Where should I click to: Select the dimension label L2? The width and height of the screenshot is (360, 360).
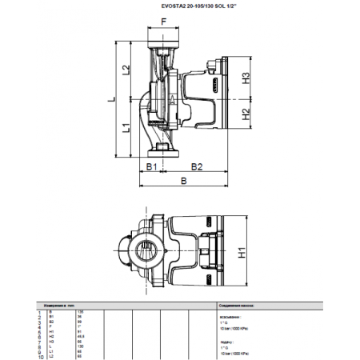point(126,70)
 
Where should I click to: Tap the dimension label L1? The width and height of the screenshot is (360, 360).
point(126,129)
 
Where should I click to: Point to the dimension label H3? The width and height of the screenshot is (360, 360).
point(246,78)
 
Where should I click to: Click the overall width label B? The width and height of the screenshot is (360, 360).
point(184,182)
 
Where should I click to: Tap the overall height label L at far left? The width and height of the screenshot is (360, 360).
point(111,99)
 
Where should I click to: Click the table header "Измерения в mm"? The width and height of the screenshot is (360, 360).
point(61,306)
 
